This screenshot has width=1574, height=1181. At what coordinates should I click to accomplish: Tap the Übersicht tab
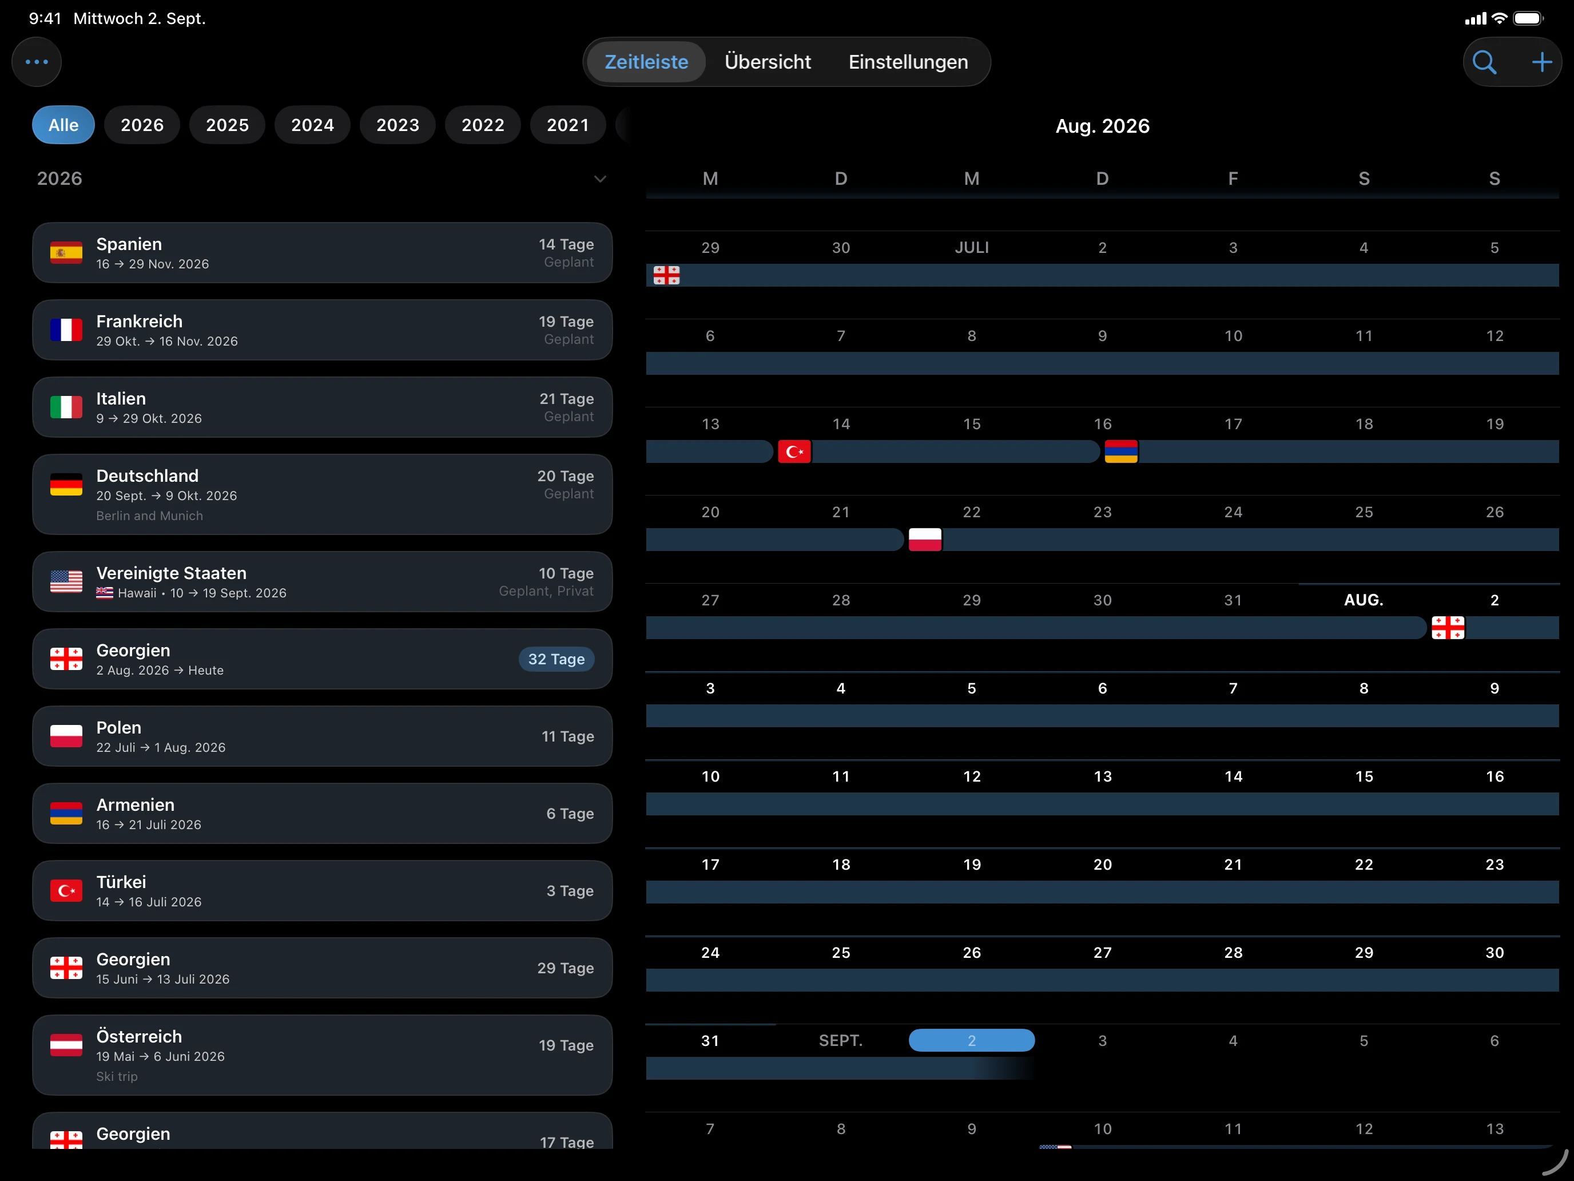point(767,62)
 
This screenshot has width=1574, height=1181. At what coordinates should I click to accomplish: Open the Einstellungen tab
point(908,62)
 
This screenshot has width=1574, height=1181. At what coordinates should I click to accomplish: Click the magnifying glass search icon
point(1484,62)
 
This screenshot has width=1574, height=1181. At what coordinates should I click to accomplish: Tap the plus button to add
point(1541,62)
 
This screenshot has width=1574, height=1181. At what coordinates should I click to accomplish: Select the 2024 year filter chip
point(312,125)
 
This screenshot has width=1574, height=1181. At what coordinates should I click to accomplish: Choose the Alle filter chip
point(63,125)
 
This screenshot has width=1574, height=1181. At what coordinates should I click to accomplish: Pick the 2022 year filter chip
point(483,125)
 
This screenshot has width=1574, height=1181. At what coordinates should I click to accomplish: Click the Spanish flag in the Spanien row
point(66,253)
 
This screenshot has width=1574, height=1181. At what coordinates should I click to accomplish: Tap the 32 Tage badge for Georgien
point(557,659)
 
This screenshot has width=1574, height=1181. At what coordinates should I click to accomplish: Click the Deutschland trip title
point(148,475)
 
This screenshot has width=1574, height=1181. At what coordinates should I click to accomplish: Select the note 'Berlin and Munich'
point(149,516)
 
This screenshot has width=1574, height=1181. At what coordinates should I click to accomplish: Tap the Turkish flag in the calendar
point(794,451)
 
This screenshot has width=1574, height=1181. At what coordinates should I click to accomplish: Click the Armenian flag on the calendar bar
point(1120,451)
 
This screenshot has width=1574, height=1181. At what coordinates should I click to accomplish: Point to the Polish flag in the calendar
point(925,540)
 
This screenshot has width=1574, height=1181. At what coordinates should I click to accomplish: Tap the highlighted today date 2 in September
point(971,1040)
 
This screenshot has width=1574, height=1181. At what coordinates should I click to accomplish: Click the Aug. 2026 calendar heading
point(1102,126)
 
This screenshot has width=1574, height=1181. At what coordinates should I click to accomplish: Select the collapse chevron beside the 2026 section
point(600,179)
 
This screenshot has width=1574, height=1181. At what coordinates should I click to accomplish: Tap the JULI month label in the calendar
point(971,248)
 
